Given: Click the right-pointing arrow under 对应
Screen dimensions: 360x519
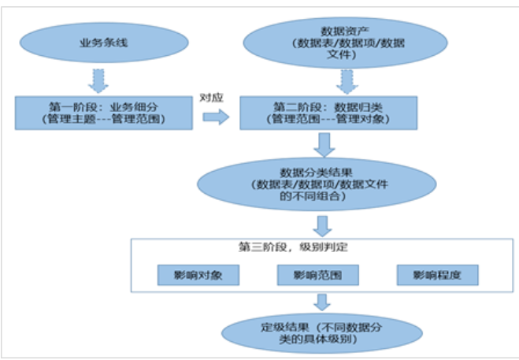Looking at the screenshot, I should [x=213, y=117].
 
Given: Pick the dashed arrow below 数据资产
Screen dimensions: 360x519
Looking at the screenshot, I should [x=345, y=80].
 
